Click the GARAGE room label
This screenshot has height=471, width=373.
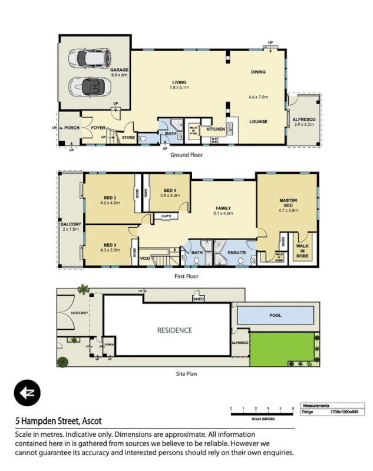point(119,70)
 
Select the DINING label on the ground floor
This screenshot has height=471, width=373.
point(258,72)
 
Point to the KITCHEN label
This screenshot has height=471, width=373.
point(214,129)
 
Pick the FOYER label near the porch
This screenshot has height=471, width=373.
point(98,125)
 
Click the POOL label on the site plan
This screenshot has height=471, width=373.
point(276,315)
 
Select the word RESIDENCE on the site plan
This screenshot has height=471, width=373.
point(174,330)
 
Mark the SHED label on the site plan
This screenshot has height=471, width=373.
point(199,299)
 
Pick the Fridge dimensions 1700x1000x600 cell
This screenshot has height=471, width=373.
point(344,412)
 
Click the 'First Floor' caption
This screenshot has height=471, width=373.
point(186,276)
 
